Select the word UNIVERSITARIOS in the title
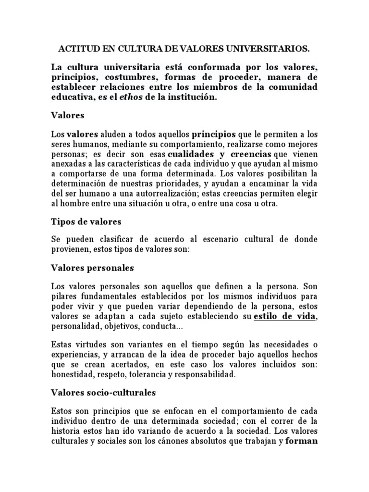[x=270, y=49]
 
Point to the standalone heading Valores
[x=68, y=115]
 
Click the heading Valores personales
[x=93, y=267]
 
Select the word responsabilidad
[x=207, y=374]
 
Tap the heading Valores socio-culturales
[x=104, y=393]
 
